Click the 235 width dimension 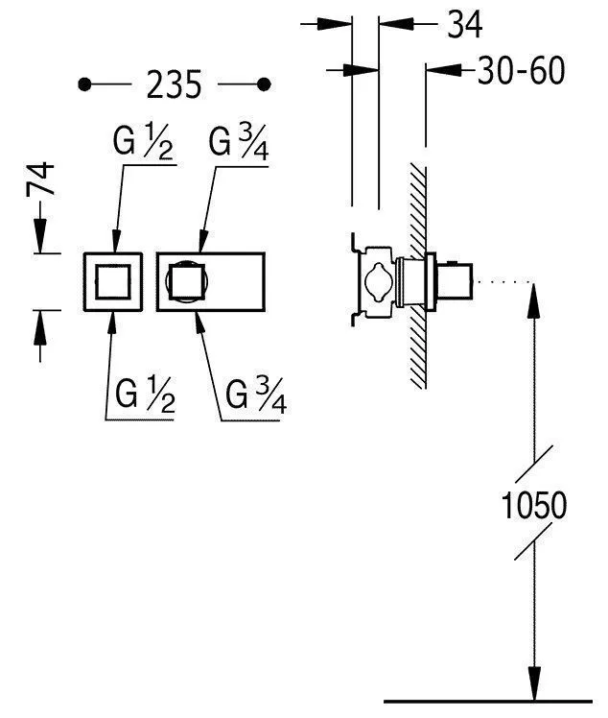(x=175, y=85)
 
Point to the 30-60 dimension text (x=522, y=70)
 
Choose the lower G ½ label (x=144, y=395)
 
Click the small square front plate (x=114, y=281)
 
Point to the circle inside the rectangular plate (x=185, y=281)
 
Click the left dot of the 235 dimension (x=85, y=85)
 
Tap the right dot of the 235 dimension (x=266, y=85)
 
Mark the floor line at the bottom (x=488, y=700)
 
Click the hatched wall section (x=417, y=278)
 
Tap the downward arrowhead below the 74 (x=41, y=236)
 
